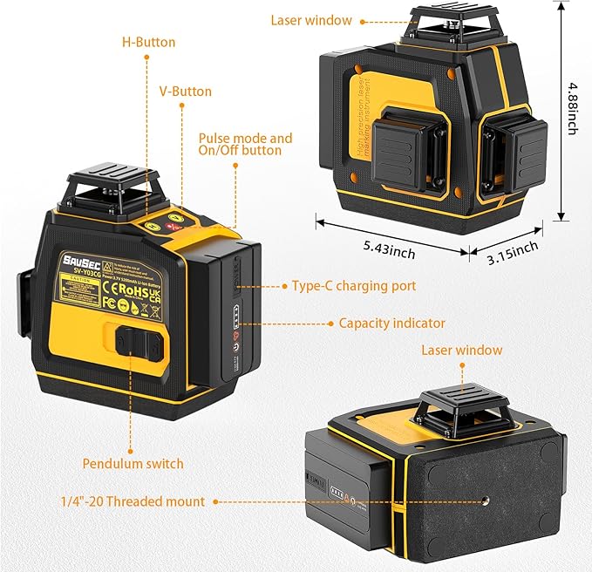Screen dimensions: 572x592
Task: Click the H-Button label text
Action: (149, 42)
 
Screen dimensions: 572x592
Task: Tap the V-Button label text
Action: (185, 91)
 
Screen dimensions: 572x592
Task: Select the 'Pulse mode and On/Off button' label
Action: (245, 145)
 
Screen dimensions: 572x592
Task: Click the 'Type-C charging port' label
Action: (354, 285)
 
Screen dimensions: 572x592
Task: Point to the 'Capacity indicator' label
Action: (391, 323)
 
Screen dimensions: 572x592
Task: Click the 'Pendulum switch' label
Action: (133, 463)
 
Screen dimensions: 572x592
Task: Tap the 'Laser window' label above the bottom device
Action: (461, 350)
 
